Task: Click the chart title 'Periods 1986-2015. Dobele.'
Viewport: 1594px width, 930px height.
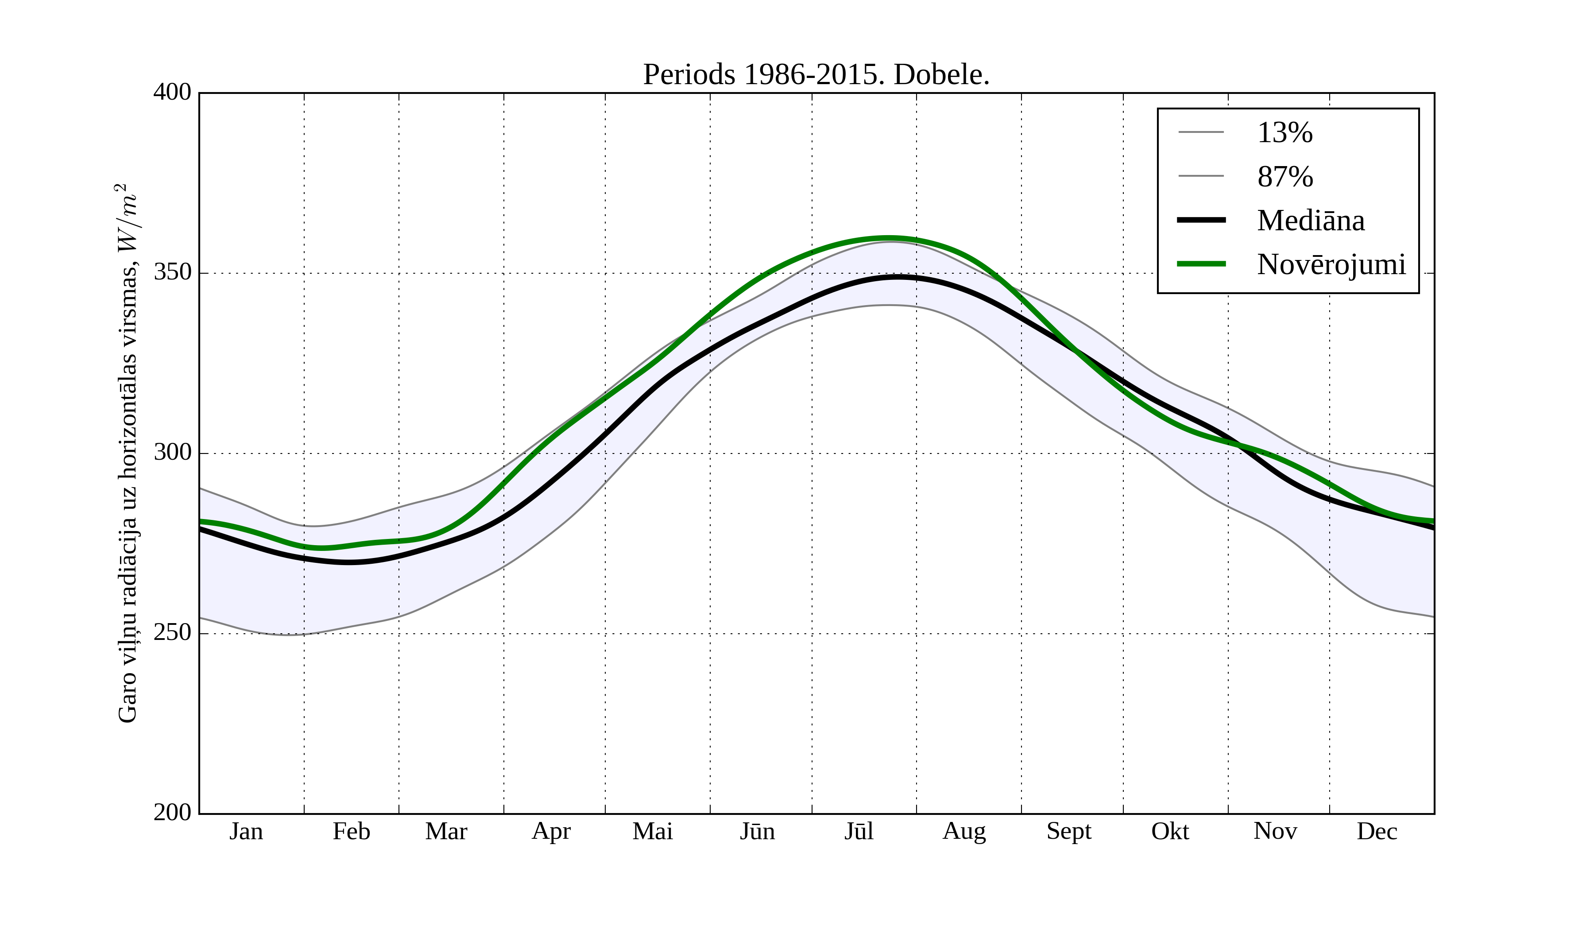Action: point(816,75)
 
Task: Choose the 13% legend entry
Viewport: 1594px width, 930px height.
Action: point(1284,133)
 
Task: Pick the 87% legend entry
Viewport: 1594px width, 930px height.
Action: point(1284,177)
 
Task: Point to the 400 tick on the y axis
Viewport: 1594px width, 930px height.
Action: point(172,93)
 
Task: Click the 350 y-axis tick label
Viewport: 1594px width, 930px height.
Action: point(172,273)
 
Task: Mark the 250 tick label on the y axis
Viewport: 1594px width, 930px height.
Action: point(172,633)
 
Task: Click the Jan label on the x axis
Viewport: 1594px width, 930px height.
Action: point(246,831)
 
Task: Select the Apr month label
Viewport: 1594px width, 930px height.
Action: point(551,831)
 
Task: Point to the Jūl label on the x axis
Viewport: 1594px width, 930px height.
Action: point(859,831)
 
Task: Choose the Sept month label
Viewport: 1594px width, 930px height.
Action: point(1068,831)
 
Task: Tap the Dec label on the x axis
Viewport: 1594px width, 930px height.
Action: point(1377,831)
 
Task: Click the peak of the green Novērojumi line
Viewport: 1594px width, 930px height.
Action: point(889,239)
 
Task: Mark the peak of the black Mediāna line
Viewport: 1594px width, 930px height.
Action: point(897,277)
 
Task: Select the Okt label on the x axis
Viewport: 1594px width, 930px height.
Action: point(1169,831)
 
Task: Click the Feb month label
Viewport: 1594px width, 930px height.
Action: point(351,831)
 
